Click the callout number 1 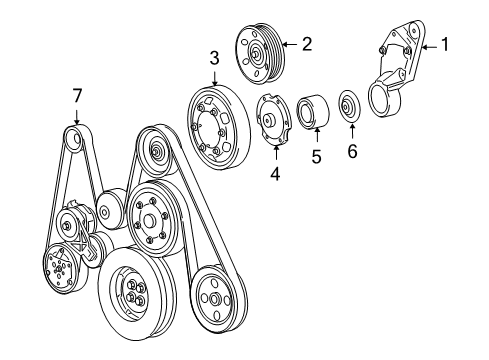pos(447,44)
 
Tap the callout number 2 pos(308,43)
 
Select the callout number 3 pos(213,59)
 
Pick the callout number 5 pos(315,156)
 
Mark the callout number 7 pos(75,95)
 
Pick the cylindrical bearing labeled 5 pos(313,112)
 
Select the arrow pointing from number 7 pos(75,115)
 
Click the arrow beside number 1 pos(427,44)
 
